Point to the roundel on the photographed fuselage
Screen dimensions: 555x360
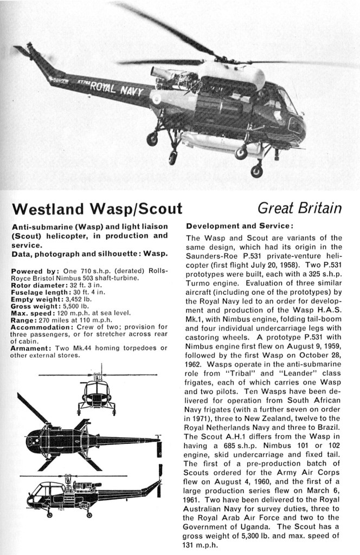click(x=156, y=99)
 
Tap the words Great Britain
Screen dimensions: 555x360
click(x=299, y=208)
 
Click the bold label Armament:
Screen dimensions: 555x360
click(x=30, y=349)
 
